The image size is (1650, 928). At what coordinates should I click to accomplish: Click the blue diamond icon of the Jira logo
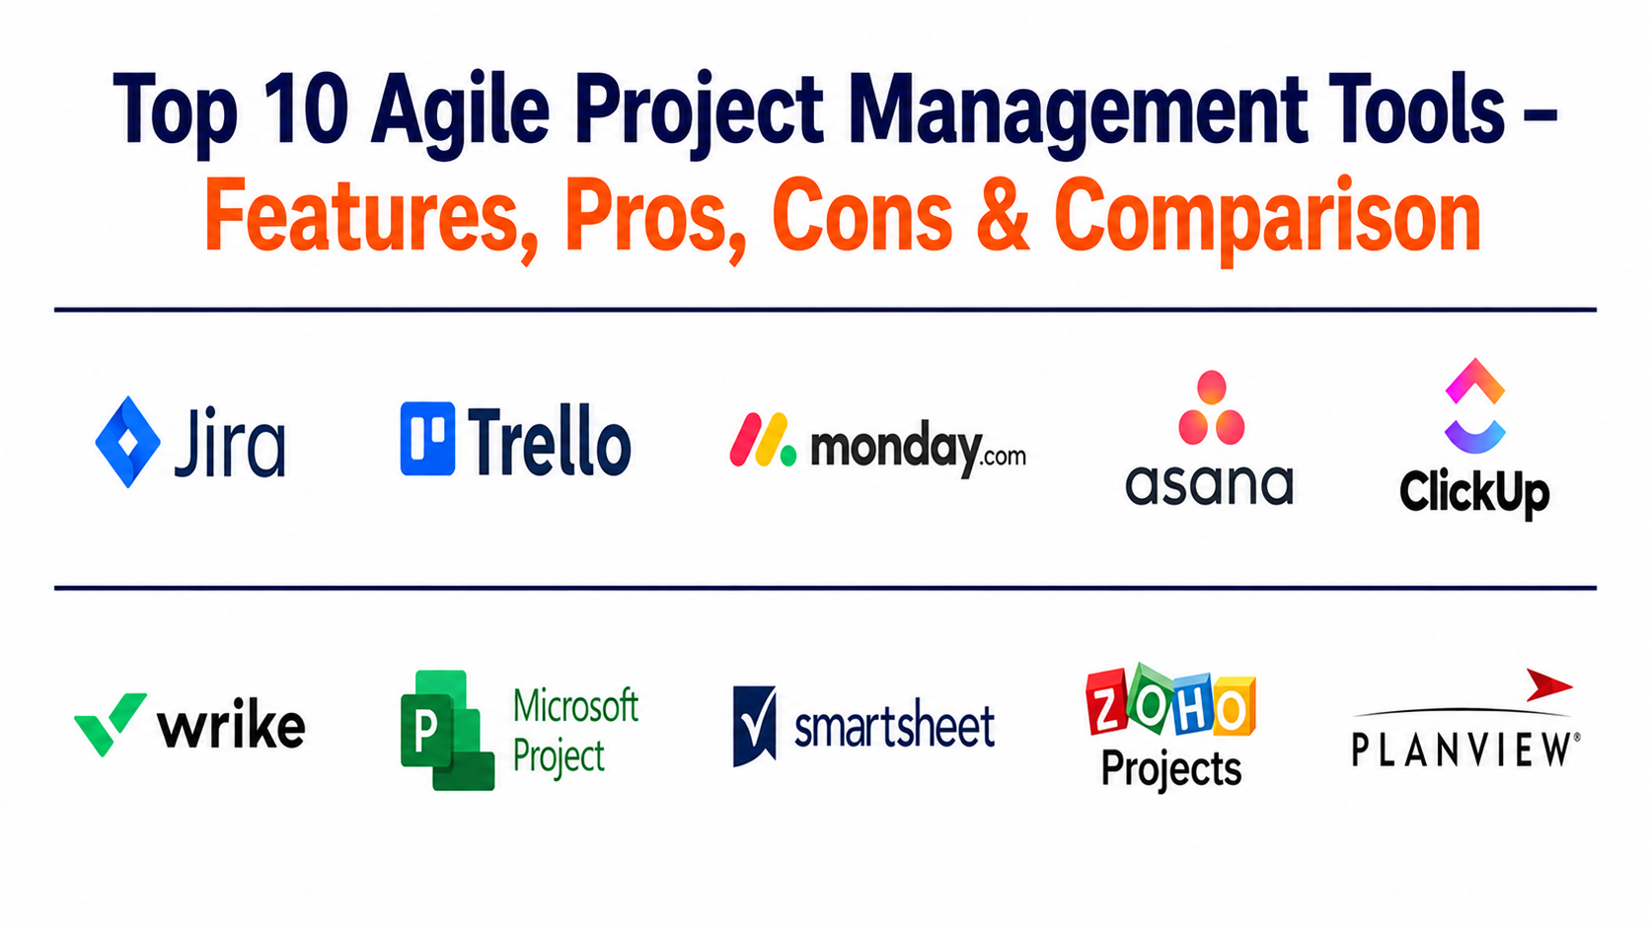128,442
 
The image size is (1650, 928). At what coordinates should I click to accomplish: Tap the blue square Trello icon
427,438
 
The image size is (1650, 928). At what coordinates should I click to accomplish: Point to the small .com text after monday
1004,457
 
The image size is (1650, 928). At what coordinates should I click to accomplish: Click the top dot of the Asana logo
1211,388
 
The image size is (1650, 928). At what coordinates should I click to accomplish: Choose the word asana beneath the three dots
1209,484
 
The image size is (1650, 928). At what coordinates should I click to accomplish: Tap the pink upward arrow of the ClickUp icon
1474,381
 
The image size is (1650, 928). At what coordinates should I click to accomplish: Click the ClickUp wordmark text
1474,493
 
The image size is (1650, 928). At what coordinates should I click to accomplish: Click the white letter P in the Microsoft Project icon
425,730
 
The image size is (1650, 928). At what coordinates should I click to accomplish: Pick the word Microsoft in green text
575,706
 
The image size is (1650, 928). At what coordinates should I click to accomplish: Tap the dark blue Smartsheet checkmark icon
754,726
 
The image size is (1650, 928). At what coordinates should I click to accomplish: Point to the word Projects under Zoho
1171,769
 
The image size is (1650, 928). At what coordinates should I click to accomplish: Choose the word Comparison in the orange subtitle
1267,219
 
